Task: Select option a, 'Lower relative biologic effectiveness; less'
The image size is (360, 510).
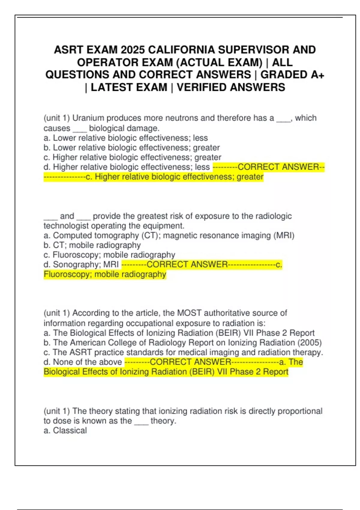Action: pyautogui.click(x=126, y=138)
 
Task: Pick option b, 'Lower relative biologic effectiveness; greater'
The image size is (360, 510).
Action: pyautogui.click(x=132, y=148)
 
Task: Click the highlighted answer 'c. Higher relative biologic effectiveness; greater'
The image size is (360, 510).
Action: pyautogui.click(x=174, y=177)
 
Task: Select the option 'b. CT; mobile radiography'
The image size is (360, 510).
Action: pyautogui.click(x=92, y=245)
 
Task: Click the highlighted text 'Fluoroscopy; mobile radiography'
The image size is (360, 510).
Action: pyautogui.click(x=105, y=274)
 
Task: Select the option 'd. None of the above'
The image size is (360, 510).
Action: pyautogui.click(x=83, y=362)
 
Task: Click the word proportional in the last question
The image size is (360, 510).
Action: pyautogui.click(x=300, y=411)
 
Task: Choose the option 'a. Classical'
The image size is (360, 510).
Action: pyautogui.click(x=65, y=430)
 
